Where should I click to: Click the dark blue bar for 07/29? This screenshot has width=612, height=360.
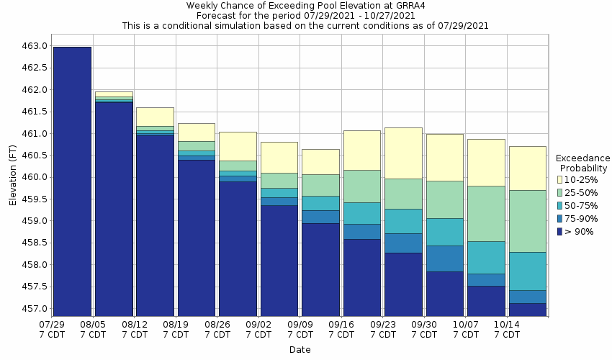point(72,180)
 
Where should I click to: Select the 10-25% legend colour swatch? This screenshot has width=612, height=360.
point(560,179)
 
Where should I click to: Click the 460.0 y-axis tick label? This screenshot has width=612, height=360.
point(35,177)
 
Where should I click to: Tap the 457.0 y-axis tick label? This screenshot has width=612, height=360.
point(35,309)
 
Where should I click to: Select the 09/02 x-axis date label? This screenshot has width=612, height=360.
point(258,330)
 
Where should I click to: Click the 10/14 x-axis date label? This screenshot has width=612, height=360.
point(507,330)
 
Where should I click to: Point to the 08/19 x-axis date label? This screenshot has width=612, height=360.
point(176,330)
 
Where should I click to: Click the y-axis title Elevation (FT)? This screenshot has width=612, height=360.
point(12,177)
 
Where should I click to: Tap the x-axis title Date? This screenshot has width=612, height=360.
point(300,350)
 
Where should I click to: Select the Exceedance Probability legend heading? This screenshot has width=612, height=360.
point(583,163)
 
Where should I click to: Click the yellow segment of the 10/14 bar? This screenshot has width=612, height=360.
point(527,168)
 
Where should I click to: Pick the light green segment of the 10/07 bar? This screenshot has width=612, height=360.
point(486,213)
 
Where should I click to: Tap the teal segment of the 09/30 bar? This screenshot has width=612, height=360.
point(444,232)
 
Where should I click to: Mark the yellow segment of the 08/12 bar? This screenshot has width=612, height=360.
point(155,117)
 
